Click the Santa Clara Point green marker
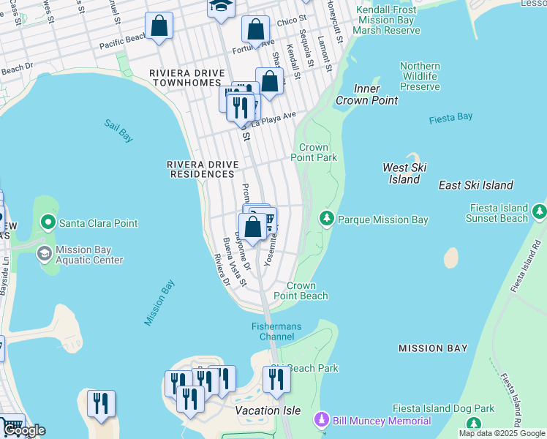pos(49,222)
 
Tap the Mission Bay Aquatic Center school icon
pos(44,253)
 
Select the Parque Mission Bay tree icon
pos(326,219)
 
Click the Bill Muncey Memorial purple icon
pos(320,421)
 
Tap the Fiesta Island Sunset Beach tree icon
pos(540,211)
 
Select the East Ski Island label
pos(476,185)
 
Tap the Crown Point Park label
pos(314,152)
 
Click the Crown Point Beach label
pos(301,290)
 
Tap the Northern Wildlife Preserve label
pos(420,76)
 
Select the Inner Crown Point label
pos(366,94)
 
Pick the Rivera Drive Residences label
pos(201,169)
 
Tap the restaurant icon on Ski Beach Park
pos(276,380)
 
